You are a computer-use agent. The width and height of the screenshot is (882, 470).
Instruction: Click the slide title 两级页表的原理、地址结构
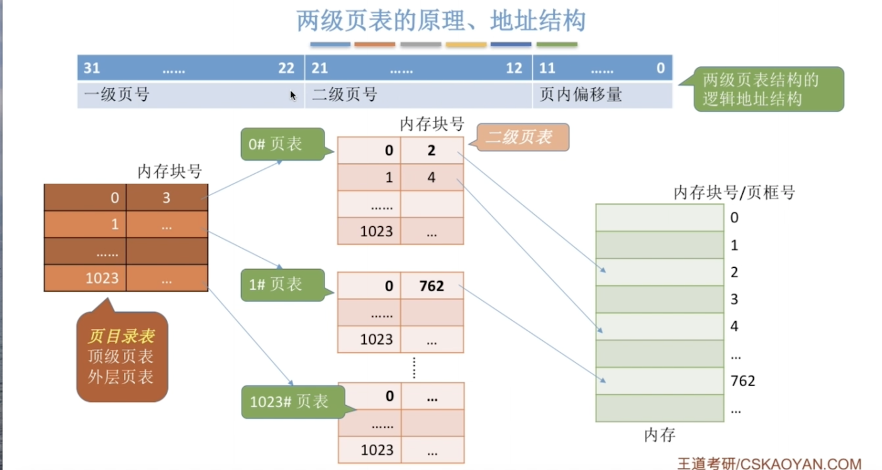[441, 21]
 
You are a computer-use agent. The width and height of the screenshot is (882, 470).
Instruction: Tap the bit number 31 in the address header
[92, 68]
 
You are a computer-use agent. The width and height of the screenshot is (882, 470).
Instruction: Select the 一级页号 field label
[116, 95]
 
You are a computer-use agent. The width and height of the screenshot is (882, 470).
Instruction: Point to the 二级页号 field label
[345, 95]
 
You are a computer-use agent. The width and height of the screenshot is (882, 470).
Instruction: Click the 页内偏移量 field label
[581, 95]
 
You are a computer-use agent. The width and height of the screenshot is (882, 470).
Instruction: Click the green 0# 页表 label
[284, 144]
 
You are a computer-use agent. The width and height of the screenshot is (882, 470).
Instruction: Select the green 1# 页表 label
[284, 285]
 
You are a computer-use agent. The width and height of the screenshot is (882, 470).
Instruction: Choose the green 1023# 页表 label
[294, 402]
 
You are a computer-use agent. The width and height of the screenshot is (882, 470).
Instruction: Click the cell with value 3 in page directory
[167, 198]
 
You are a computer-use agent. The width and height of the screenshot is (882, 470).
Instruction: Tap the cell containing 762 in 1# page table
[432, 286]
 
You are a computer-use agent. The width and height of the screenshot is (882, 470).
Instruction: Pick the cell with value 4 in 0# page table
[432, 178]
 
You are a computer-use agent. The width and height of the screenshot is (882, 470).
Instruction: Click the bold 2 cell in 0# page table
[432, 150]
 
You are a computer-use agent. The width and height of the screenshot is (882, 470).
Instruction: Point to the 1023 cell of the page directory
[85, 278]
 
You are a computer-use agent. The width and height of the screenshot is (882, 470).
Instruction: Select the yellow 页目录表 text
[121, 336]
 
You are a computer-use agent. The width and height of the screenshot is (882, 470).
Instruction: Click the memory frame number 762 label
[742, 381]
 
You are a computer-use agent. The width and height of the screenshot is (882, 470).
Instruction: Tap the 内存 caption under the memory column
[659, 435]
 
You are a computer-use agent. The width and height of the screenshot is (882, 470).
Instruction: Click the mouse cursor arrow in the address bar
[293, 95]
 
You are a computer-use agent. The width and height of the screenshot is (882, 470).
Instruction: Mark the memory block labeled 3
[659, 299]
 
